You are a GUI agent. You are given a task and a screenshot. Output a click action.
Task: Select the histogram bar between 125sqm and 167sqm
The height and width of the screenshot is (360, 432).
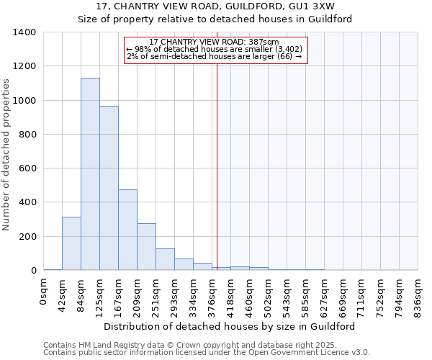click(x=109, y=188)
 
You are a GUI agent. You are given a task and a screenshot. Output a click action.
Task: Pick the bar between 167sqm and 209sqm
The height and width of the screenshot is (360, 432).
click(x=127, y=230)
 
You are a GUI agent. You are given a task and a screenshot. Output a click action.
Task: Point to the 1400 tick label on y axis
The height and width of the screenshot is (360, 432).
click(x=24, y=32)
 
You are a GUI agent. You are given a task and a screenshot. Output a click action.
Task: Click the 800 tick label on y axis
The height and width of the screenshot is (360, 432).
click(x=27, y=135)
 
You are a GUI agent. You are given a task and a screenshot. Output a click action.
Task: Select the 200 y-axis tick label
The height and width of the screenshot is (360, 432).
click(x=27, y=237)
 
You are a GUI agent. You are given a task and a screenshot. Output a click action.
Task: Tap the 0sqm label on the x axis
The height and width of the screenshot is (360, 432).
click(x=44, y=291)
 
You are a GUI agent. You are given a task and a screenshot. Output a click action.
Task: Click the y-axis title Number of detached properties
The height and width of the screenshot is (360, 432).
click(x=7, y=155)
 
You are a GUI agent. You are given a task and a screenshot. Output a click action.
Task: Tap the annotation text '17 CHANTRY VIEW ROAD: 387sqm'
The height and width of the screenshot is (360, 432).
click(x=215, y=42)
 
